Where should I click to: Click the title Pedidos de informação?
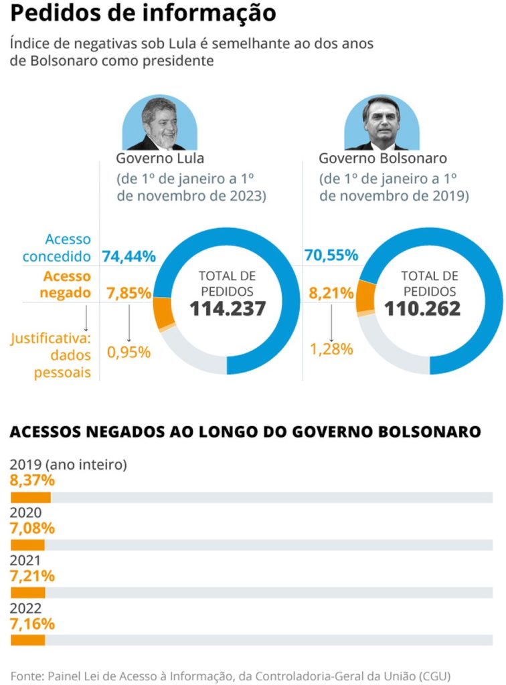pos(143,13)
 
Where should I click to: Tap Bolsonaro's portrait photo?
pos(382,124)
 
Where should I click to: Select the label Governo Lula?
pos(160,159)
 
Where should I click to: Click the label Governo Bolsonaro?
pos(382,159)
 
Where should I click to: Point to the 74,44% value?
pos(129,256)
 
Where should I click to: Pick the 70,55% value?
pos(331,256)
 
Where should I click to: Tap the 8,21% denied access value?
pos(328,293)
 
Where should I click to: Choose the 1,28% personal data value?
pos(331,349)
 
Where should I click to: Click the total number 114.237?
pos(227,309)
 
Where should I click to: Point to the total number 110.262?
pos(422,309)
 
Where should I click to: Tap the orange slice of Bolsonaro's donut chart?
pos(365,297)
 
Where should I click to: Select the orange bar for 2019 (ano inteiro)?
pos(31,498)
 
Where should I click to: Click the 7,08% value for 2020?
pos(32,528)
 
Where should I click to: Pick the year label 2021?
pos(25,561)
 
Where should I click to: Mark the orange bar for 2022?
pos(27,640)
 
